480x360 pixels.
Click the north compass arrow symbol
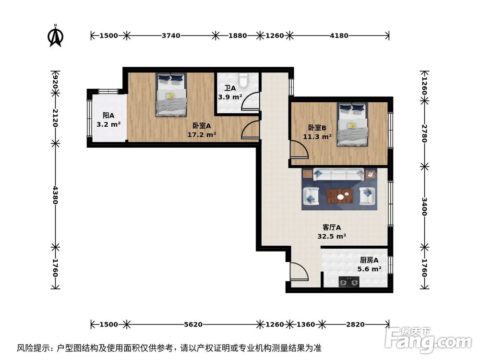[x=56, y=36]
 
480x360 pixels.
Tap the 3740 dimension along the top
[x=170, y=36]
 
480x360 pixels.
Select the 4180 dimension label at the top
[x=338, y=36]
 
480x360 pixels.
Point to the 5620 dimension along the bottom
[x=192, y=324]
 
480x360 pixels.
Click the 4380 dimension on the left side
[x=55, y=195]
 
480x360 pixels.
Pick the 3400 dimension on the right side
[x=424, y=205]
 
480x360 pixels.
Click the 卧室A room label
[x=202, y=126]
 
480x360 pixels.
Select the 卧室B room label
[x=317, y=128]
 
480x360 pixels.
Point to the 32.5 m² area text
[x=332, y=236]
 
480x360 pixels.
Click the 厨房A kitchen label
[x=370, y=261]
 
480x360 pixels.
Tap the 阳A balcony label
[x=108, y=116]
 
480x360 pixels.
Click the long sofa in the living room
[x=338, y=175]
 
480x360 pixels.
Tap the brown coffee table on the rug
[x=340, y=196]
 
